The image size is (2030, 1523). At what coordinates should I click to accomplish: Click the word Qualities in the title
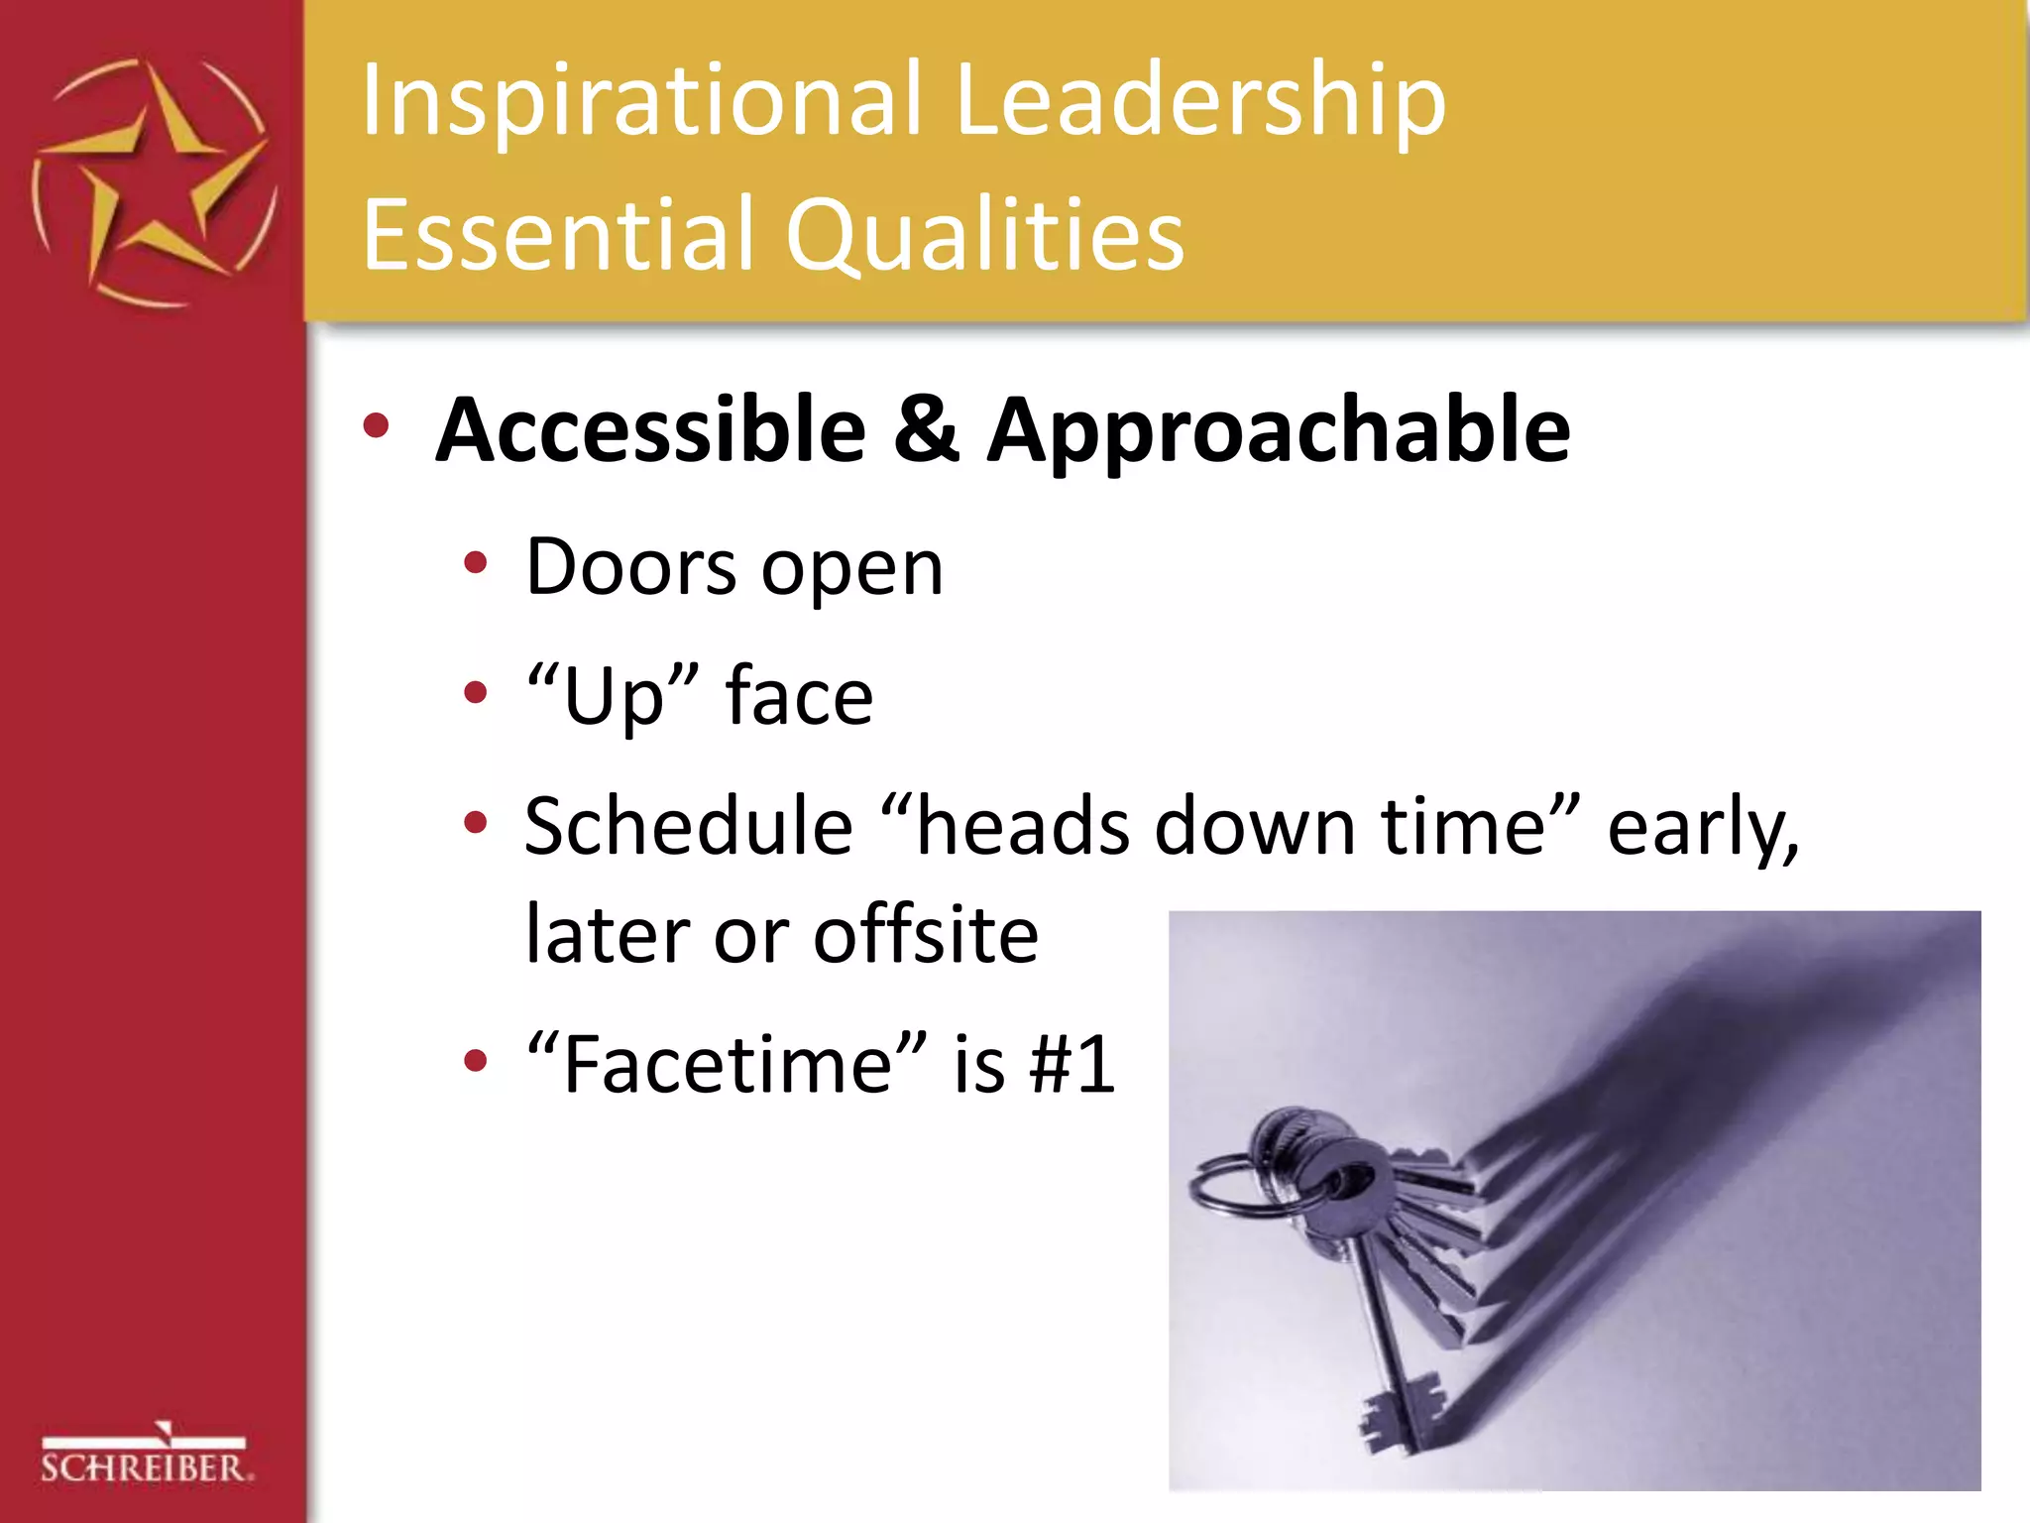pos(986,234)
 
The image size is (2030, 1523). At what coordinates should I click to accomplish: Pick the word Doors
pos(630,567)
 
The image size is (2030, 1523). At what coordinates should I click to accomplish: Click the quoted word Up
pos(613,697)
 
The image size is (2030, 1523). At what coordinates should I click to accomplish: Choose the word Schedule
pos(688,826)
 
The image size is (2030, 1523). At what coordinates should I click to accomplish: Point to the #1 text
pos(1072,1065)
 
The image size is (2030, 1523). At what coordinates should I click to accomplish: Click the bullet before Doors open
pos(476,563)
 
